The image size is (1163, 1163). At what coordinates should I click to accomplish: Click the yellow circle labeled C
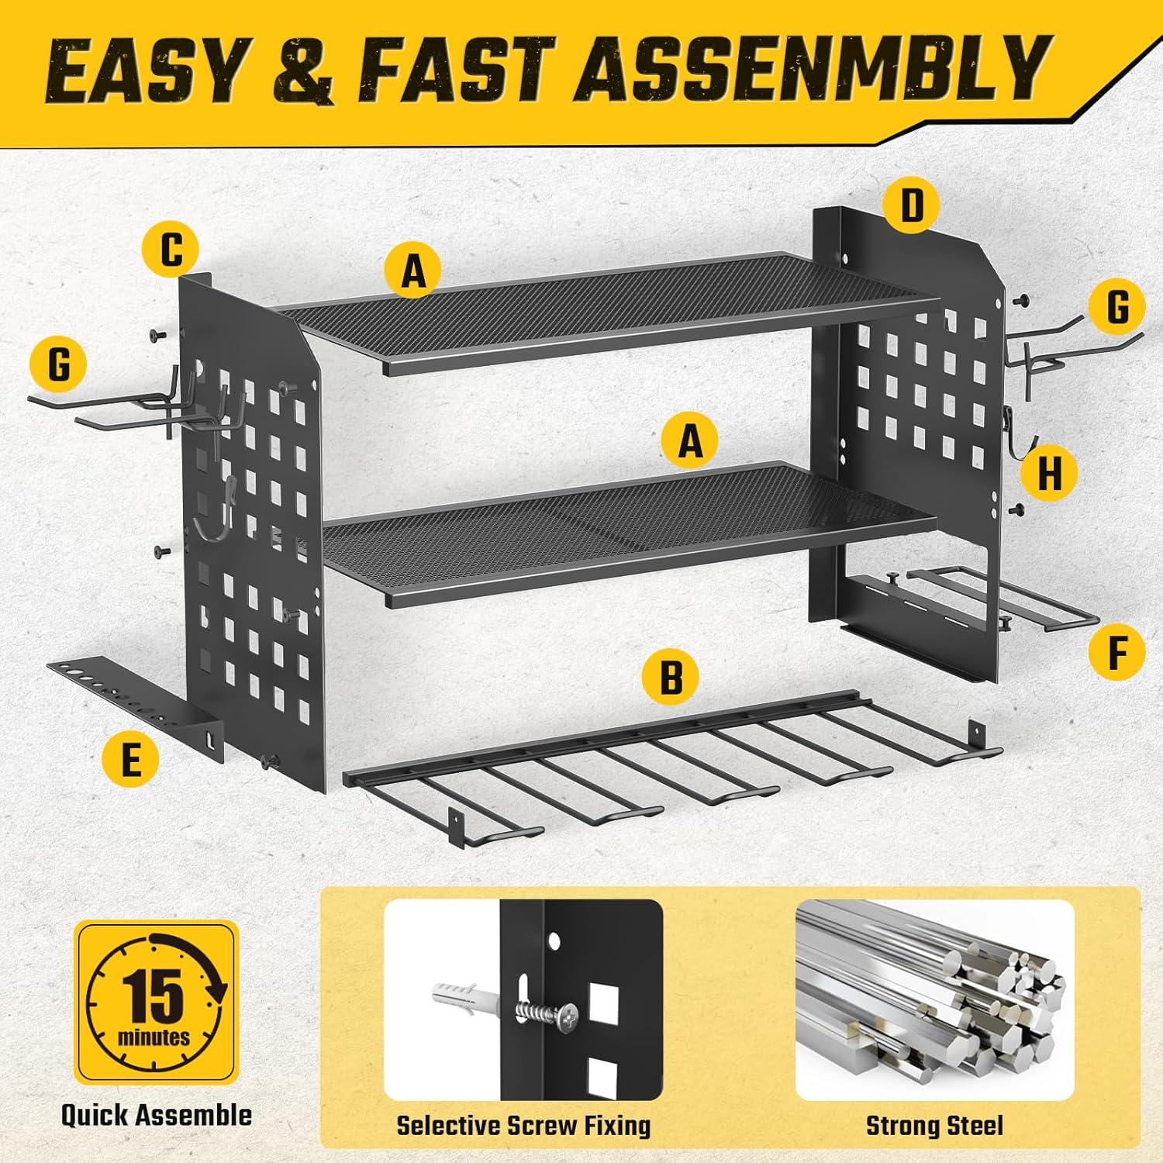171,250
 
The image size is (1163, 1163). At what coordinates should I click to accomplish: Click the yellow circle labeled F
1116,652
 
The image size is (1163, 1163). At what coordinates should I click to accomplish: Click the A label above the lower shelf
690,442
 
